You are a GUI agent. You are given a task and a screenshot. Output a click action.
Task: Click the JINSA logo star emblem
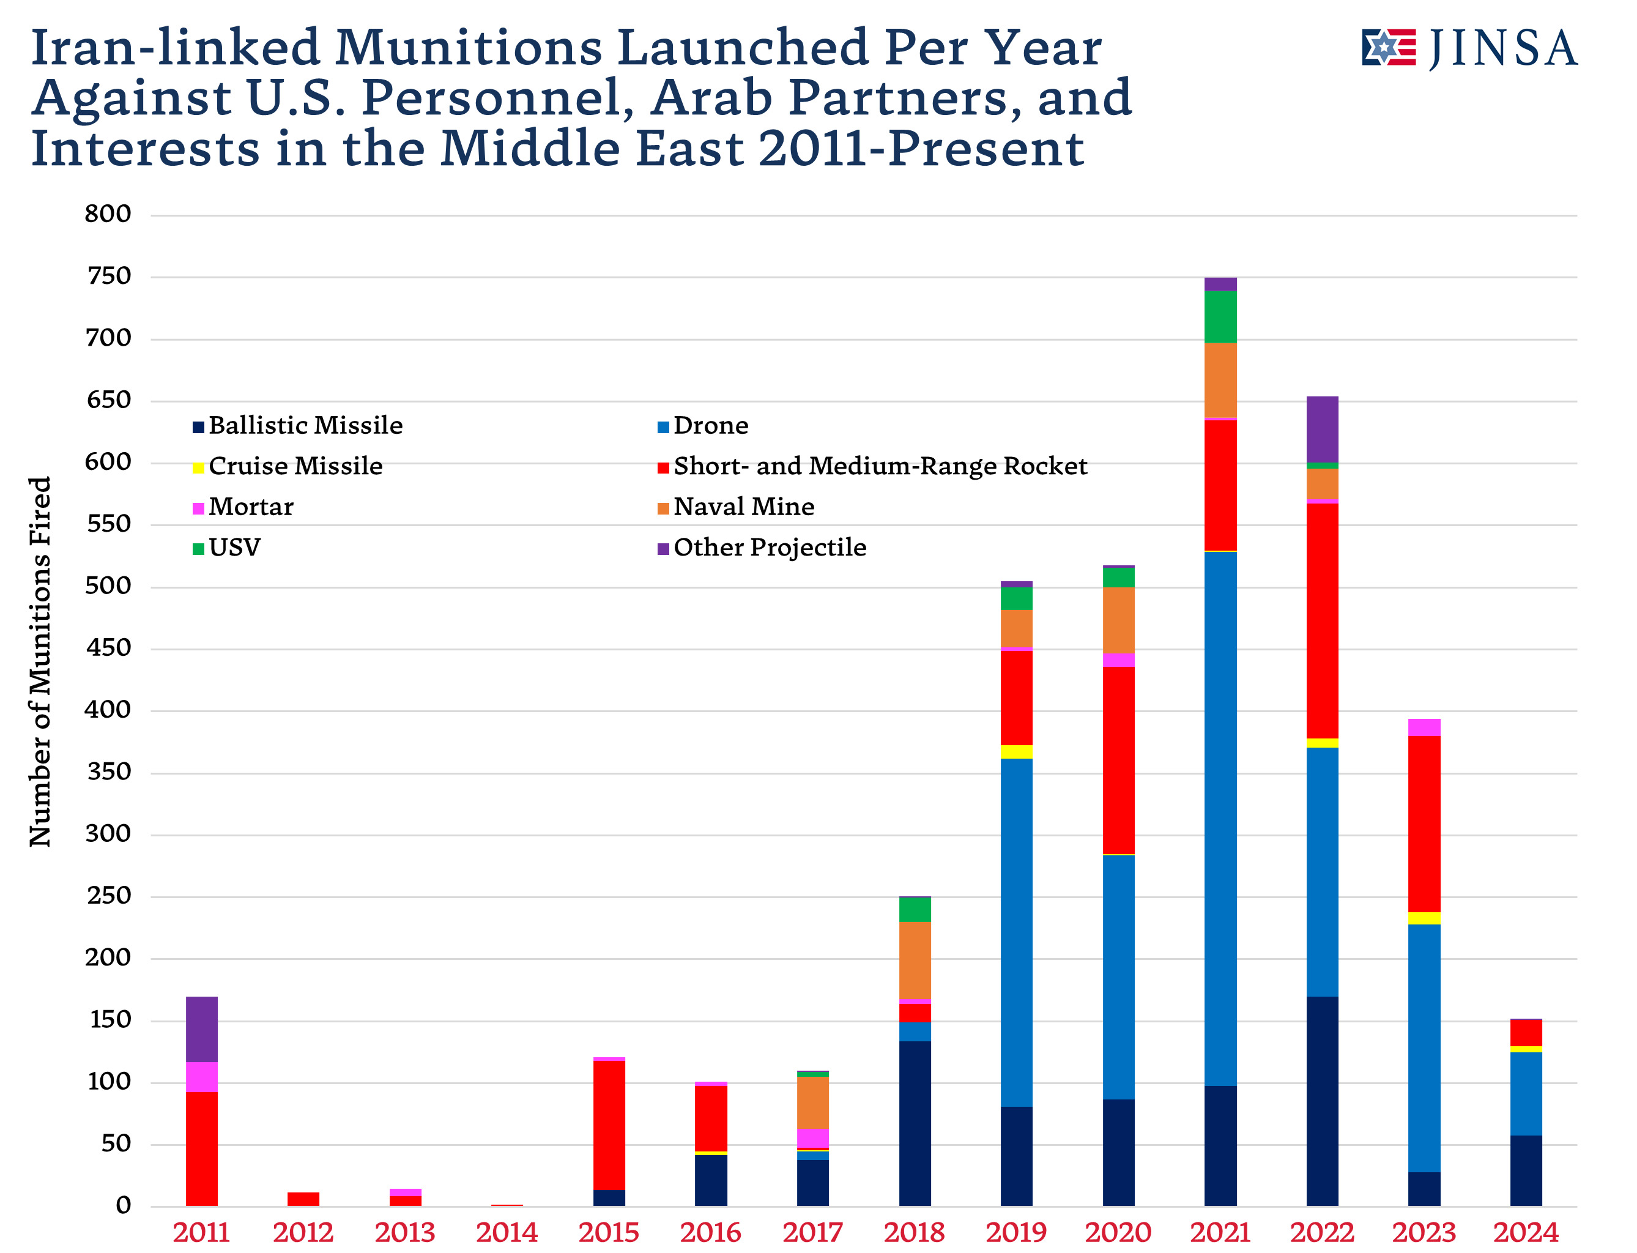click(x=1386, y=48)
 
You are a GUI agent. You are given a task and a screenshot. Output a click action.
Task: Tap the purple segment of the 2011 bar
click(x=201, y=1028)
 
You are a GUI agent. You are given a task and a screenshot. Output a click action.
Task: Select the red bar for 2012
click(x=303, y=1199)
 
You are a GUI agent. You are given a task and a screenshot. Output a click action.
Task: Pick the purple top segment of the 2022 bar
click(x=1323, y=429)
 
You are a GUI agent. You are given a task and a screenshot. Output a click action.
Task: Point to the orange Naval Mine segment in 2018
click(x=915, y=960)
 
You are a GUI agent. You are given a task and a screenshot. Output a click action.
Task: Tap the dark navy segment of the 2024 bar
click(x=1526, y=1170)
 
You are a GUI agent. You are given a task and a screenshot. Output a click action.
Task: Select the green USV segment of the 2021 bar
click(x=1220, y=316)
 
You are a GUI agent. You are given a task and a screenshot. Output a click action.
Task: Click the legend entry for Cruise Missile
click(x=295, y=466)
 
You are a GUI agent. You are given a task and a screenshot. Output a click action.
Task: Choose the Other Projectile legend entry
click(x=768, y=548)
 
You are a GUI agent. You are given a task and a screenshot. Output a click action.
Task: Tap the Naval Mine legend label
click(x=743, y=507)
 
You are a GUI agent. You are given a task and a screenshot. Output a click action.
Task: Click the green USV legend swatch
click(x=198, y=549)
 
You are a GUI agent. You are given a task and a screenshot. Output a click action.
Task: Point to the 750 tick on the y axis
click(x=109, y=277)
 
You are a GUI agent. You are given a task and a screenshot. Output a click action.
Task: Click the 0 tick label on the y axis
click(x=123, y=1205)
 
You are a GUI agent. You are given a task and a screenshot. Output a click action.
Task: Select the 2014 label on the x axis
click(x=507, y=1232)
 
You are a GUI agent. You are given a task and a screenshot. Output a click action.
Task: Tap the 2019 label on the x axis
click(x=1015, y=1232)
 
